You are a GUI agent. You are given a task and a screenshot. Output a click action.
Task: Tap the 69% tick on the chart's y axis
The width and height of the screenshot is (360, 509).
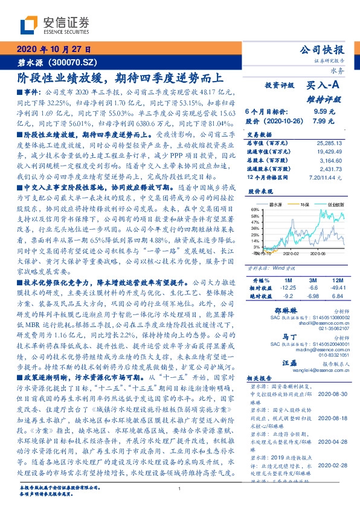point(256,209)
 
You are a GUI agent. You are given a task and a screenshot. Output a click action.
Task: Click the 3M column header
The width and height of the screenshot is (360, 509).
point(313,281)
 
